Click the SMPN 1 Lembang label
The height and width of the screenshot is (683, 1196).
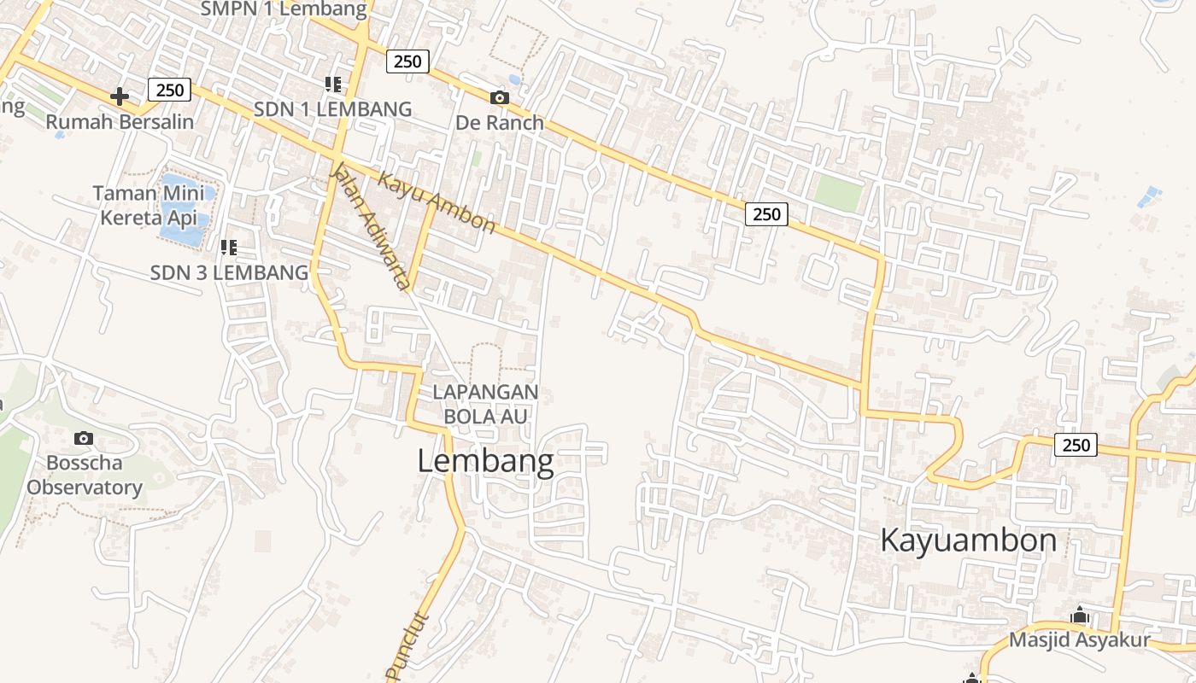click(x=284, y=9)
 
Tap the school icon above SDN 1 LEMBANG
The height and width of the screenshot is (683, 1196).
click(x=333, y=84)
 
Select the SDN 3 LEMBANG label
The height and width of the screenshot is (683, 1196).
click(x=229, y=273)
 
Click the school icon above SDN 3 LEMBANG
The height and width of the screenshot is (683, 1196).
click(x=228, y=248)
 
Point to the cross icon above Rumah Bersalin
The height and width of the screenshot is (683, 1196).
click(x=120, y=96)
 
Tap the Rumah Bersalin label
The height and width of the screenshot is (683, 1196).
click(x=120, y=121)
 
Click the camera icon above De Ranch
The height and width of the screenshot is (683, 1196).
click(x=500, y=98)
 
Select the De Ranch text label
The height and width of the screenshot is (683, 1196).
click(x=500, y=122)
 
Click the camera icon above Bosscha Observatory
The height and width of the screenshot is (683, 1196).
click(x=84, y=439)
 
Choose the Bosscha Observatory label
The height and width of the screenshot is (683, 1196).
click(x=84, y=476)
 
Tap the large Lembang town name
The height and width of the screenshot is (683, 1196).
click(x=485, y=462)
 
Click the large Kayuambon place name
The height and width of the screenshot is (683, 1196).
click(x=968, y=540)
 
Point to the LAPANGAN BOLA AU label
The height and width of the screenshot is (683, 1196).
click(x=485, y=404)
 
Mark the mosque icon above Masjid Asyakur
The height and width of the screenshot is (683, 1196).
click(x=1080, y=615)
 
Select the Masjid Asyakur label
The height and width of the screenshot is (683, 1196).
click(x=1080, y=639)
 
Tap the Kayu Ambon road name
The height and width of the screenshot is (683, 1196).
click(x=437, y=202)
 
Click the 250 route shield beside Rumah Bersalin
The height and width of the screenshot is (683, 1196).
click(x=169, y=90)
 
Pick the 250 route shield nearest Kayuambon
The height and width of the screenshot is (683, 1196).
click(x=1076, y=444)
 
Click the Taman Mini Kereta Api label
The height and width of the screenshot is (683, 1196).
click(x=149, y=205)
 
